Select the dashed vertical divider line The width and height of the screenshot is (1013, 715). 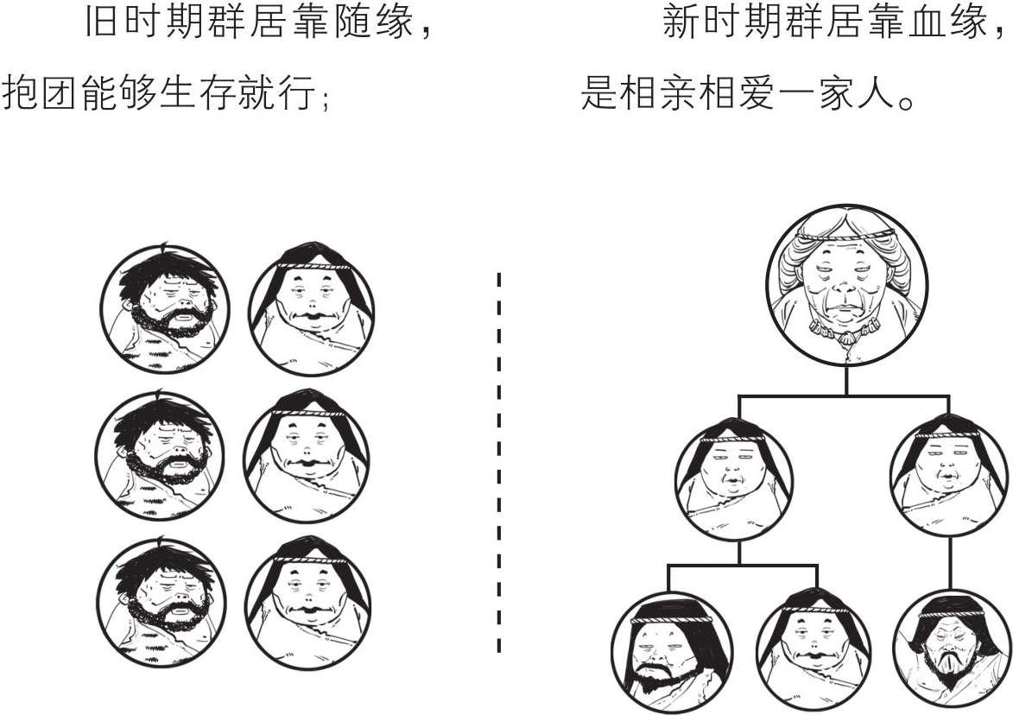pyautogui.click(x=498, y=462)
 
